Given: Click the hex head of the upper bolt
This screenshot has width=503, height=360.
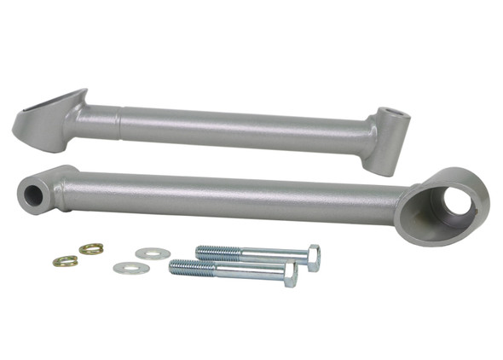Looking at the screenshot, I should tap(313, 258).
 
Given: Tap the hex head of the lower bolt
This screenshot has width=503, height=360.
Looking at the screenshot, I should tap(290, 274).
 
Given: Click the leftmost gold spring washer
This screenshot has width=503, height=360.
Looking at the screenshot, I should tap(63, 261).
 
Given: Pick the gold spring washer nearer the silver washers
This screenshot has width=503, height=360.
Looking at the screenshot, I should tap(91, 249).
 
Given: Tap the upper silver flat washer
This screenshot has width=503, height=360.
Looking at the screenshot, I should tap(153, 253).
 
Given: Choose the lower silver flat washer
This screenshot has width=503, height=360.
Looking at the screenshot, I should tap(131, 268).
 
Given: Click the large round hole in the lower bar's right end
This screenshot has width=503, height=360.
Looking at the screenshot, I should tap(456, 202).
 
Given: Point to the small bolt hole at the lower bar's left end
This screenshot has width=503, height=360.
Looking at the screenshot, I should tap(33, 195).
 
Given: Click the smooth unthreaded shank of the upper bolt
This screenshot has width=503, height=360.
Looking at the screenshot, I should tap(273, 256).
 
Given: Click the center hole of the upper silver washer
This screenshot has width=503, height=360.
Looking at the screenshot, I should tap(153, 253).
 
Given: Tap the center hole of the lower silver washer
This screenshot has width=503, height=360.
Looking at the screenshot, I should tap(131, 268).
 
